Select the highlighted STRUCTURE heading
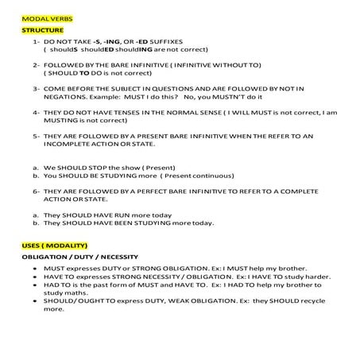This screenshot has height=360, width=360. tap(41, 29)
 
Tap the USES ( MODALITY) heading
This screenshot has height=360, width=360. tap(54, 245)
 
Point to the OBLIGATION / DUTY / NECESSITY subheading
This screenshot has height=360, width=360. tap(79, 257)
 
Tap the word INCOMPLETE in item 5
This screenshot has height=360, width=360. tap(74, 144)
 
